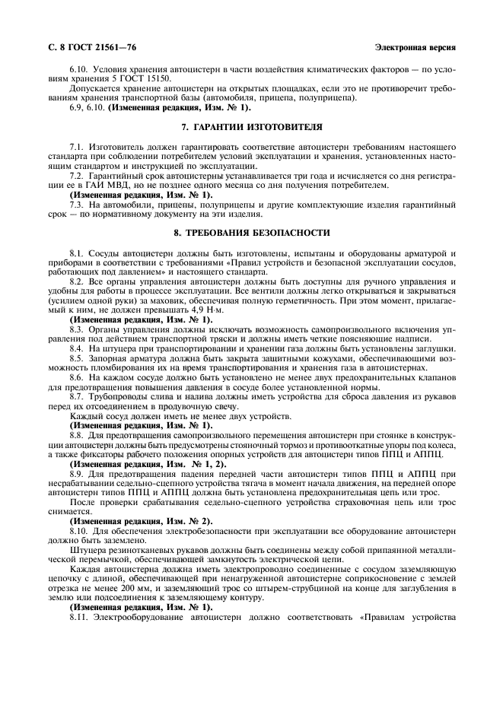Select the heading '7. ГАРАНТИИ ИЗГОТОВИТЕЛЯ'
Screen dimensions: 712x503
tap(251, 126)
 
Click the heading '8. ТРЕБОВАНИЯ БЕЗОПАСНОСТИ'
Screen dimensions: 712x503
tap(251, 233)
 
